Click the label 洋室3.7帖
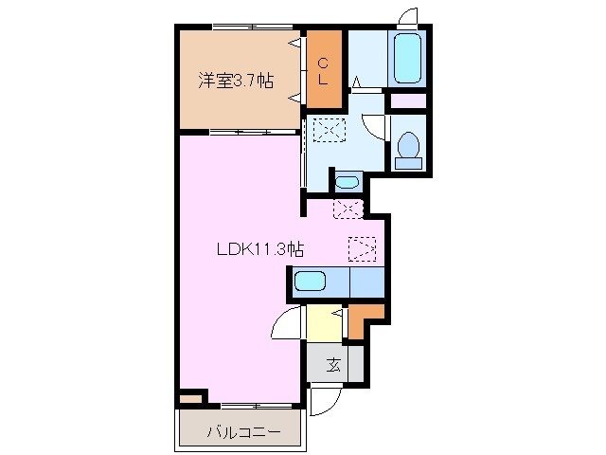[x=236, y=82]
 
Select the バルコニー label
[x=243, y=433]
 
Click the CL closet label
[x=323, y=71]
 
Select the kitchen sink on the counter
[x=310, y=282]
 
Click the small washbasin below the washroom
[x=348, y=181]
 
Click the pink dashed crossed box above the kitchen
[x=347, y=209]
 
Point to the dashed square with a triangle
[x=363, y=248]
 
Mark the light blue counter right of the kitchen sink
[x=366, y=282]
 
